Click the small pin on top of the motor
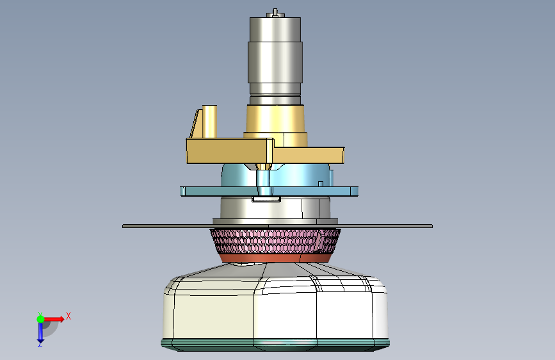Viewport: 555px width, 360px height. [275, 13]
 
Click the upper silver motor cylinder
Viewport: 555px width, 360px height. [275, 60]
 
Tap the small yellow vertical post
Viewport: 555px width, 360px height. [209, 121]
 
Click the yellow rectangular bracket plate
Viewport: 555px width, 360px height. [265, 151]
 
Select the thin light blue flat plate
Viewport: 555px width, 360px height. [269, 192]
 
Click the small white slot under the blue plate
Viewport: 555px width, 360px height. [266, 199]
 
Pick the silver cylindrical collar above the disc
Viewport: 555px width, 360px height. [275, 208]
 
